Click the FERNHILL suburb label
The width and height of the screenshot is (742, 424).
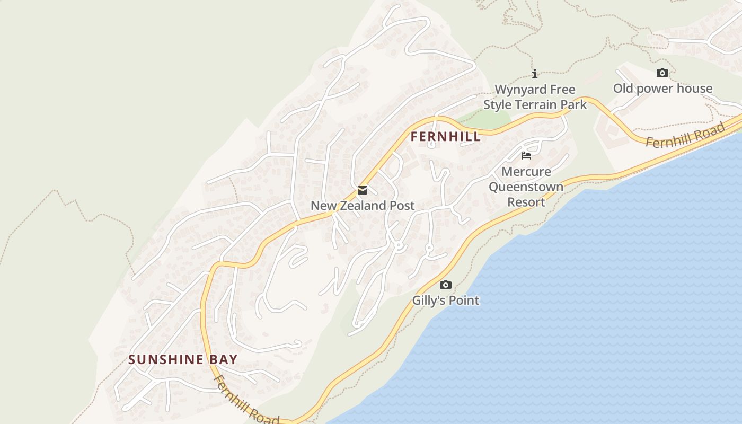click(446, 137)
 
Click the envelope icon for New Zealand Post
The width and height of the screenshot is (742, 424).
click(363, 190)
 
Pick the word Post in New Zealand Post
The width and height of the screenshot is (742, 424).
click(402, 206)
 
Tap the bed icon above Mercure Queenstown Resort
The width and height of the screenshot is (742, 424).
click(526, 155)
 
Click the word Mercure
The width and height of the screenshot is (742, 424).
click(526, 172)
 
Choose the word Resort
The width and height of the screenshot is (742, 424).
click(526, 202)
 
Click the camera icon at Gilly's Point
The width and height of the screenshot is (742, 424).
click(446, 285)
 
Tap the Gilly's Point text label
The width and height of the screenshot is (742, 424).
click(446, 301)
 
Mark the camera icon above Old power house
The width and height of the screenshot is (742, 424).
click(662, 73)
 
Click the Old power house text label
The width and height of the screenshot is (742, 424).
click(662, 89)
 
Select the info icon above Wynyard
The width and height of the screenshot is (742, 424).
click(535, 74)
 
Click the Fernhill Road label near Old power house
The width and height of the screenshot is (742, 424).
click(685, 136)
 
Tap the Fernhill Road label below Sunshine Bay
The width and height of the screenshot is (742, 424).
click(246, 400)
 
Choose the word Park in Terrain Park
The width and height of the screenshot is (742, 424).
click(574, 105)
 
